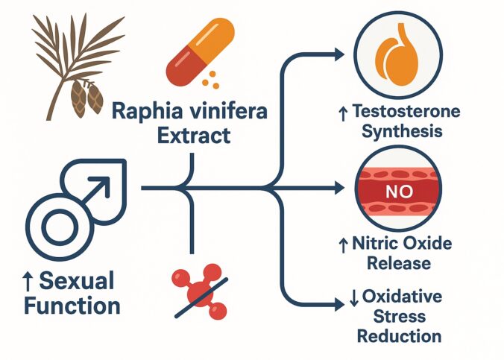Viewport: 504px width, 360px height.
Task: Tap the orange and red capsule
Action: [x=201, y=53]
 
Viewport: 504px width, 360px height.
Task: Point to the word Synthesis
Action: [x=402, y=132]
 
